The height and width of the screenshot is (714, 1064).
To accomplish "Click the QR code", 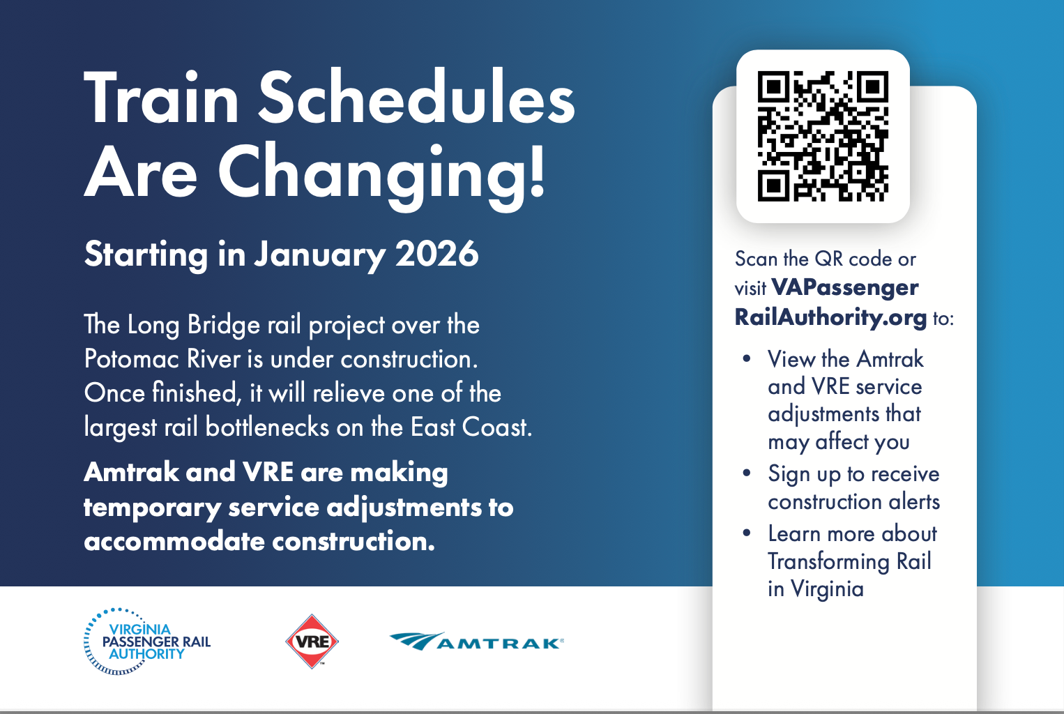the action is [823, 136].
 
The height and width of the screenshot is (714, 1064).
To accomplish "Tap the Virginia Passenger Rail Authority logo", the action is [147, 641].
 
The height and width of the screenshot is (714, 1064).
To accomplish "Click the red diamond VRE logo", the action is [312, 641].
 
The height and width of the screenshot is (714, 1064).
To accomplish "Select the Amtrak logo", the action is [476, 641].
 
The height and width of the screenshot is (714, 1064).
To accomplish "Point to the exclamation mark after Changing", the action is [537, 169].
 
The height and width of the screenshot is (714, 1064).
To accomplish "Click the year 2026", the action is [436, 254].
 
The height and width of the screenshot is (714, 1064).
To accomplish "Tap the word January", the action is [319, 255].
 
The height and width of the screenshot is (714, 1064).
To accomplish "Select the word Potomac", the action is [132, 358].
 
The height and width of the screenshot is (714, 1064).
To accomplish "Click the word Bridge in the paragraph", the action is [224, 326].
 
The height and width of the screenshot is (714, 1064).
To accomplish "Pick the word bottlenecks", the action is [268, 427].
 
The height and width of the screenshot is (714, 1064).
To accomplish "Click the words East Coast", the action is [471, 427].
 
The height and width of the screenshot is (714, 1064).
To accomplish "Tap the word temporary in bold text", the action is [152, 508].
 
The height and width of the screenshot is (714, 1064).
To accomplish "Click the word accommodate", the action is [174, 541].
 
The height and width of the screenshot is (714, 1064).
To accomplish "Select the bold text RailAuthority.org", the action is [830, 317].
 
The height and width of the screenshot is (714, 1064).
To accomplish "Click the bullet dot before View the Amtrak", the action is [747, 358].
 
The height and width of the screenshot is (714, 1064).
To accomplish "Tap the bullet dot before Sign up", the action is [747, 473].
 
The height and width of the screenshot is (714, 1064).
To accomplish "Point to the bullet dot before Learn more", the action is [747, 533].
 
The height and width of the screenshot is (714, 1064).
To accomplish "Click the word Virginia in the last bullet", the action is [827, 589].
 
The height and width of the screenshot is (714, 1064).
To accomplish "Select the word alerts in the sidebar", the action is [914, 501].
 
